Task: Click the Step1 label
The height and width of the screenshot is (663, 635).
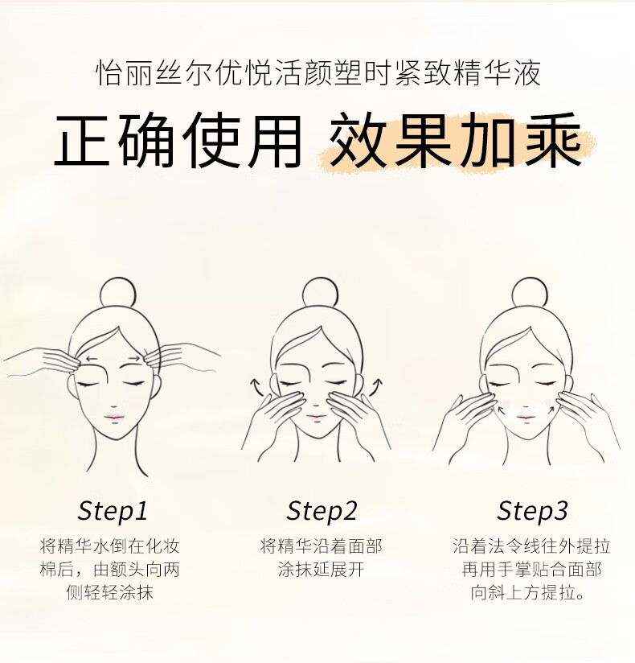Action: (x=113, y=512)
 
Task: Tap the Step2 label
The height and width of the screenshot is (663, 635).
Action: (x=322, y=512)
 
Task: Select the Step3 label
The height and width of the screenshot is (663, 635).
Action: (x=532, y=512)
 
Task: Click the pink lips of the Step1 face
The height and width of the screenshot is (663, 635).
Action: (x=114, y=418)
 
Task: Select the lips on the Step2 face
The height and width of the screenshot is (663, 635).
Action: (x=317, y=418)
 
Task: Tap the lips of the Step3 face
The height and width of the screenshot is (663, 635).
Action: (x=525, y=418)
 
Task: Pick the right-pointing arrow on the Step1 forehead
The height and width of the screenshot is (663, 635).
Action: (x=133, y=359)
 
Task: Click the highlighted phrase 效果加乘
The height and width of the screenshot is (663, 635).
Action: (x=456, y=140)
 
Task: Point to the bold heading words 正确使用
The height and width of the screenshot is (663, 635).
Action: (x=178, y=140)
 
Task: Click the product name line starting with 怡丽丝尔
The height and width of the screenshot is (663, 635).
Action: (x=318, y=73)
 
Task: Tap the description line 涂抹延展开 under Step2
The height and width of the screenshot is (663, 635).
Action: (x=321, y=569)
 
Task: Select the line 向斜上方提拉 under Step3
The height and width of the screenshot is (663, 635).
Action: (x=528, y=592)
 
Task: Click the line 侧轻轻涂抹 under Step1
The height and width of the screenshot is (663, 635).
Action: (x=110, y=592)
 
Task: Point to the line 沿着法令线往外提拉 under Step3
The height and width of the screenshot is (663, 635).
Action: (x=532, y=546)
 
